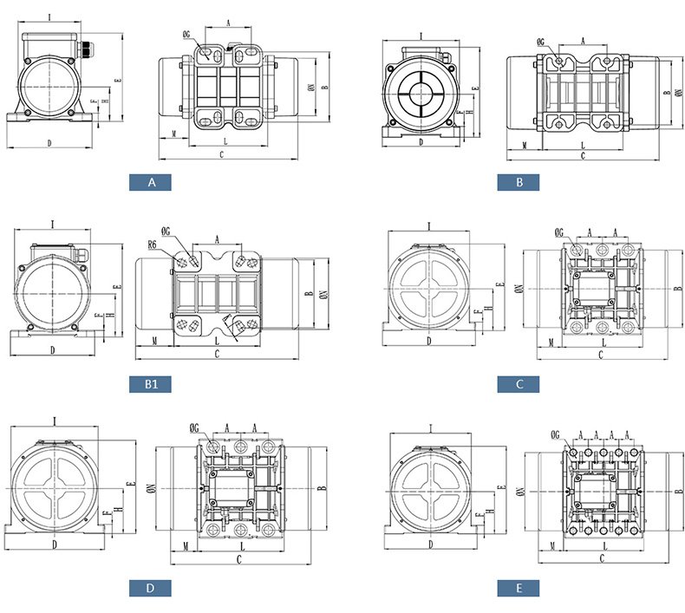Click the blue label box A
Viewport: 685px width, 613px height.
coord(150,183)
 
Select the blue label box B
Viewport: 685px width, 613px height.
coord(518,183)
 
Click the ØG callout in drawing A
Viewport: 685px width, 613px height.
coord(188,36)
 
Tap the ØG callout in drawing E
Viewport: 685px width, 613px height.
coord(556,435)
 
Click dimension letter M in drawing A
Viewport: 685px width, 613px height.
coord(174,134)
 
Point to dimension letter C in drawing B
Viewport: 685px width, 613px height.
coord(583,155)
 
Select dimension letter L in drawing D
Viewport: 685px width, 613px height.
coord(240,547)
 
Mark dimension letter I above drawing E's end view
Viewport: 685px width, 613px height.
coord(431,427)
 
